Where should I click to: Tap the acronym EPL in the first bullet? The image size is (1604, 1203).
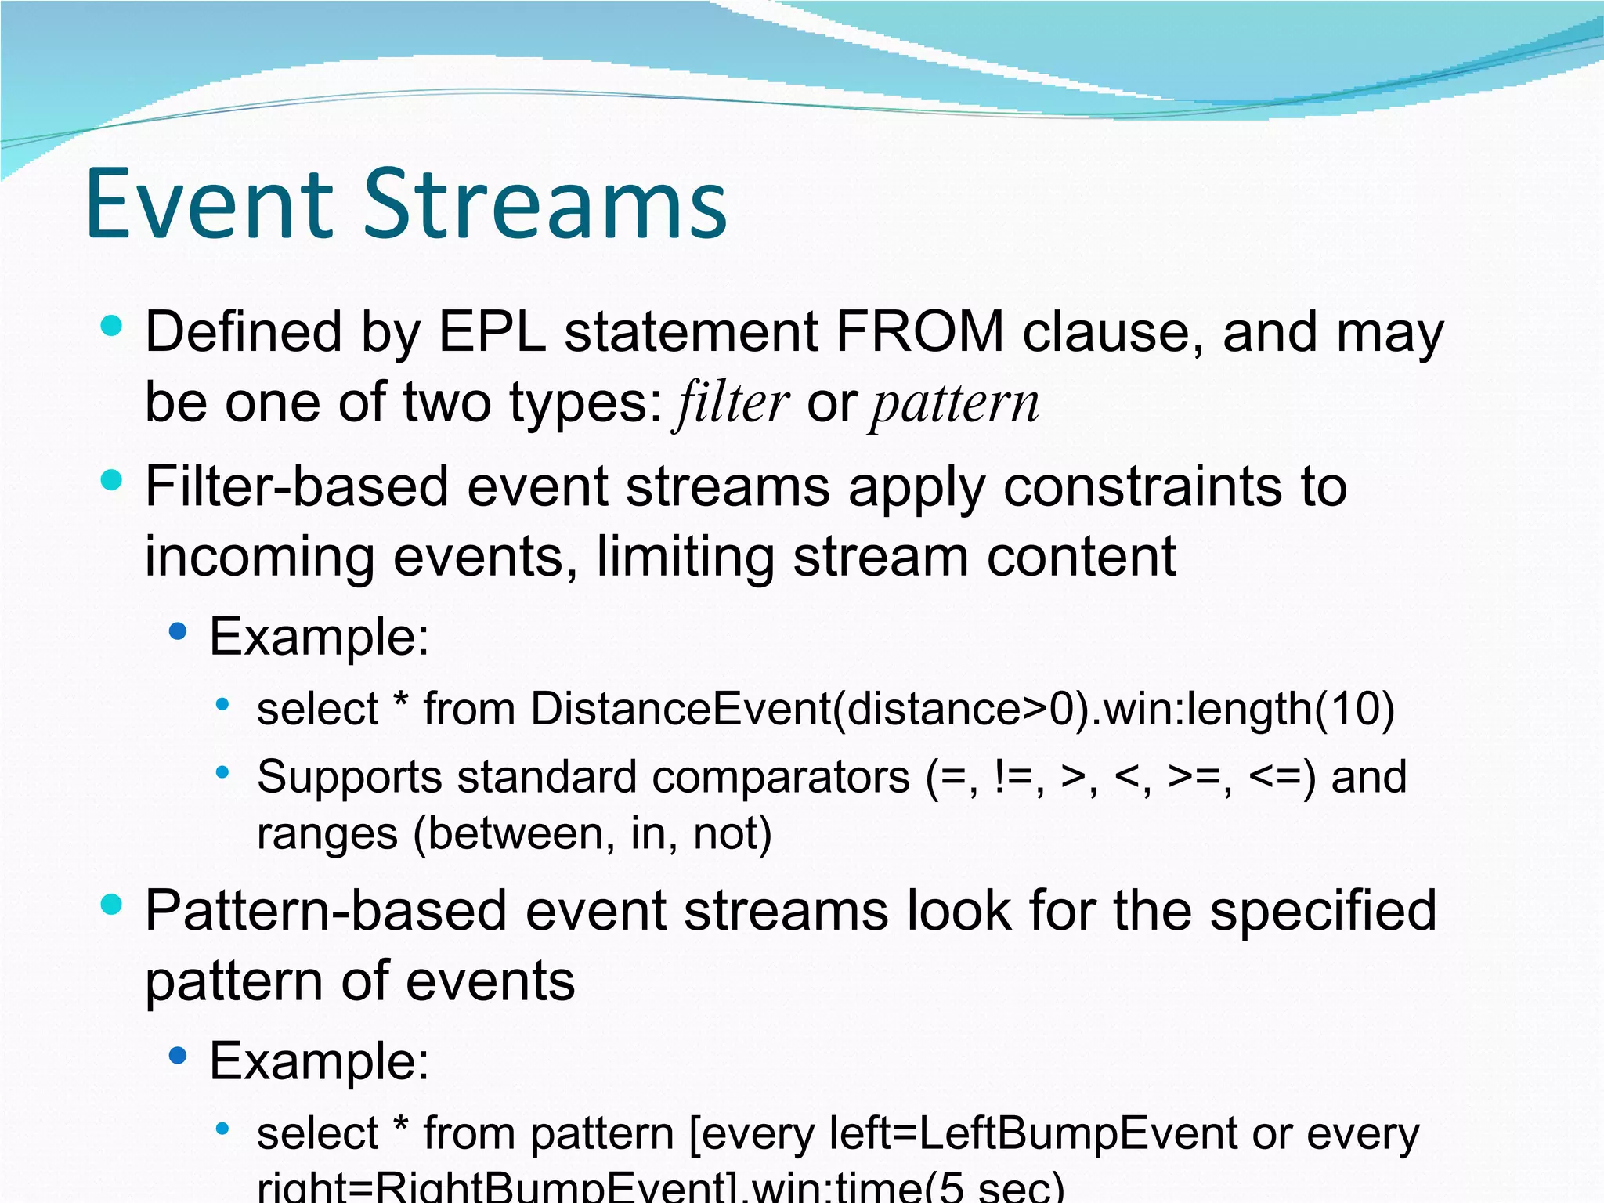[492, 333]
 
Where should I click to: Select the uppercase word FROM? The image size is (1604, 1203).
[919, 333]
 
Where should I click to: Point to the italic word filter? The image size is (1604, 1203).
[732, 403]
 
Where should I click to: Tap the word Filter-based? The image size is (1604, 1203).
[297, 487]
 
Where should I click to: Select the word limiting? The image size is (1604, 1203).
[685, 558]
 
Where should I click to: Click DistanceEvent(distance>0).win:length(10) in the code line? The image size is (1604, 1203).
[963, 710]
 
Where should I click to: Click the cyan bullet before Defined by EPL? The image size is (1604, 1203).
[112, 326]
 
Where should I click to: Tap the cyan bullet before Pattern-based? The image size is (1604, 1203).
[112, 905]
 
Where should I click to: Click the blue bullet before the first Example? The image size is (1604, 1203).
[179, 631]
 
